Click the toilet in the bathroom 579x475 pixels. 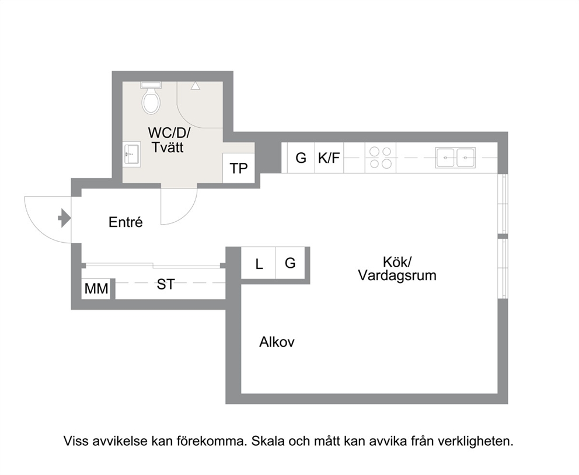(x=151, y=98)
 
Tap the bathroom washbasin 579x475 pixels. (x=132, y=154)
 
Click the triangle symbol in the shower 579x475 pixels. (x=196, y=86)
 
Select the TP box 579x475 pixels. (x=239, y=168)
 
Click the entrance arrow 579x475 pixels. (x=64, y=218)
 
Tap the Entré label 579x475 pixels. (x=125, y=222)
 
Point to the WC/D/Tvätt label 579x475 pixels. (x=168, y=140)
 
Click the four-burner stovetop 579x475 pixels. (x=381, y=158)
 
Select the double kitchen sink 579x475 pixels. (x=455, y=158)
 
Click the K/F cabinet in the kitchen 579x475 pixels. (x=329, y=158)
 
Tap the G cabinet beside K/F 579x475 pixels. (x=301, y=158)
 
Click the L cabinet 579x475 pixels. (x=259, y=263)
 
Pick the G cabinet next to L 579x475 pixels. (x=290, y=263)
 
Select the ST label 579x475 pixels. (x=165, y=285)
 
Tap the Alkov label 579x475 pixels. (x=277, y=342)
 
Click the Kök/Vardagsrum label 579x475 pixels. (x=397, y=268)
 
